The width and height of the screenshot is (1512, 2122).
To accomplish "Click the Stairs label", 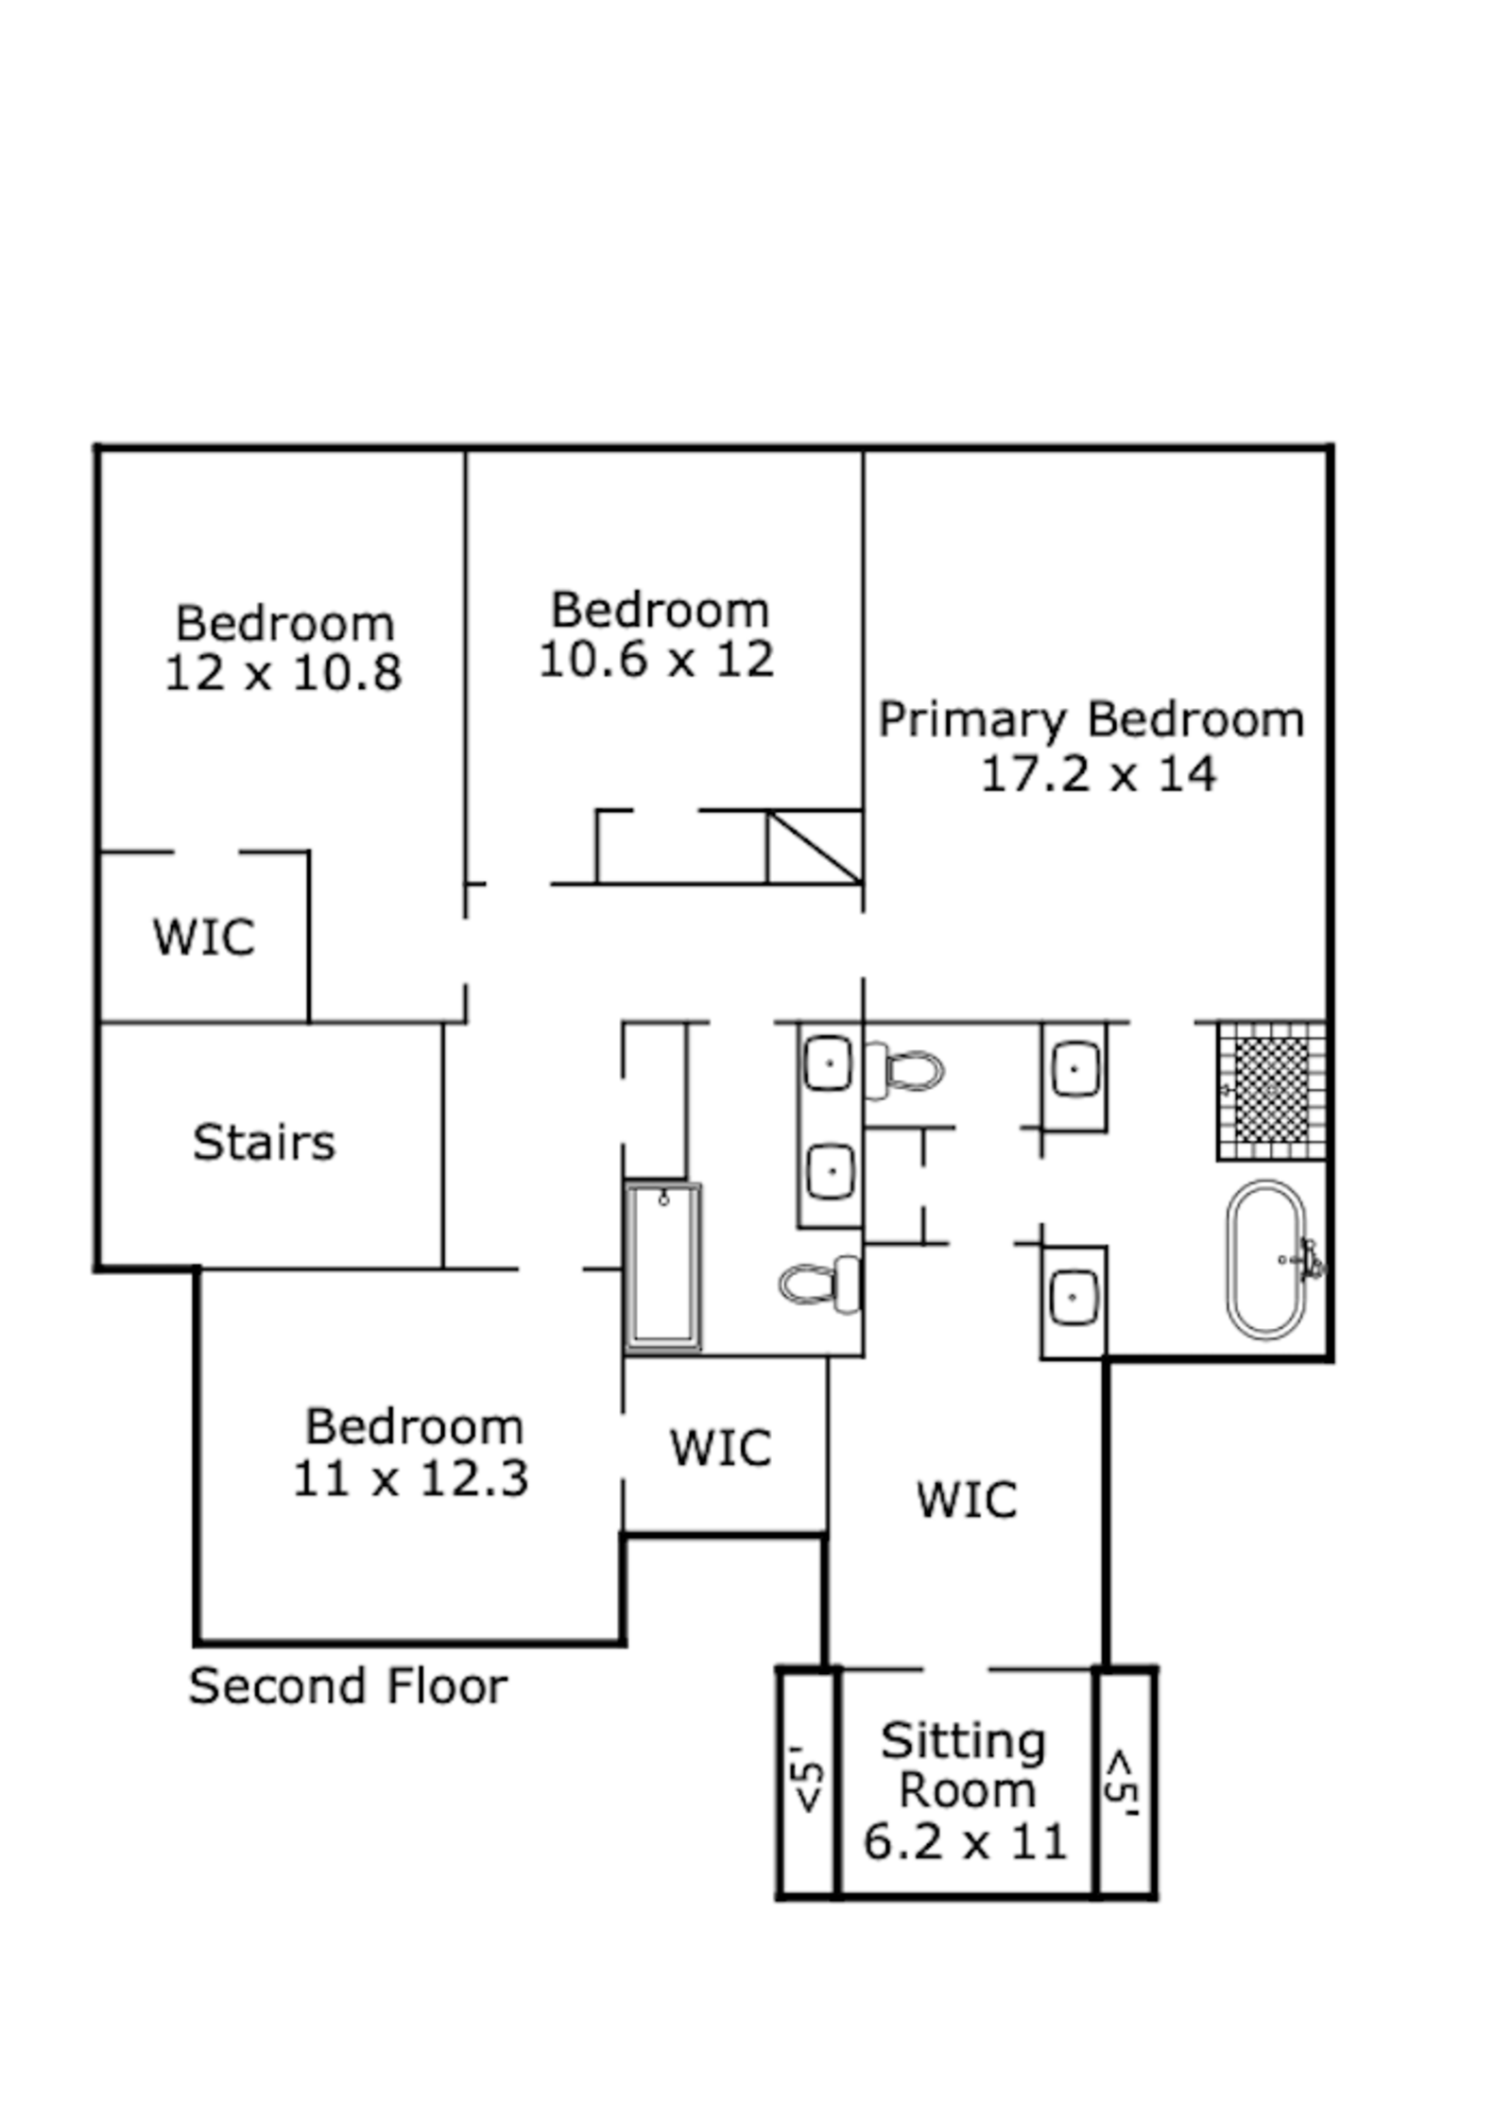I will tap(264, 1142).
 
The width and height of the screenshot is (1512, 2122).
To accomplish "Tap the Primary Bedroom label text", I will tap(1091, 720).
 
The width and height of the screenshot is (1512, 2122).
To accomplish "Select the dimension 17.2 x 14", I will tap(1098, 775).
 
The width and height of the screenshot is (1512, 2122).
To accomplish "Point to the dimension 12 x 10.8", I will tap(283, 673).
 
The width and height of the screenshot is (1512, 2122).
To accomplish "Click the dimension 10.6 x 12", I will tap(656, 659).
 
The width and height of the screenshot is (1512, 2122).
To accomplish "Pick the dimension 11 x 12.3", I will tap(410, 1478).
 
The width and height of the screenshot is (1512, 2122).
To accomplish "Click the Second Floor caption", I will tap(348, 1686).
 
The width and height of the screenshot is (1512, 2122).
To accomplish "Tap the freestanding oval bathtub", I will tap(1266, 1259).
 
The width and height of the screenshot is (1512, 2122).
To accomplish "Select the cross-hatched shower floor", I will tap(1272, 1090).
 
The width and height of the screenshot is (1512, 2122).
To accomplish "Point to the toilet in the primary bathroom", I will tap(905, 1071).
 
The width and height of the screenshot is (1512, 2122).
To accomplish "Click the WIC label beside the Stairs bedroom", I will tap(204, 937).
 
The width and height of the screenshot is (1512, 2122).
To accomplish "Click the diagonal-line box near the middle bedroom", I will tap(814, 847).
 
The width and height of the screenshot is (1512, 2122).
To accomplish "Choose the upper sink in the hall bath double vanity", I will tap(829, 1063).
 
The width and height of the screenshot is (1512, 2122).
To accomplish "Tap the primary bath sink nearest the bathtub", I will tap(1074, 1297).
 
